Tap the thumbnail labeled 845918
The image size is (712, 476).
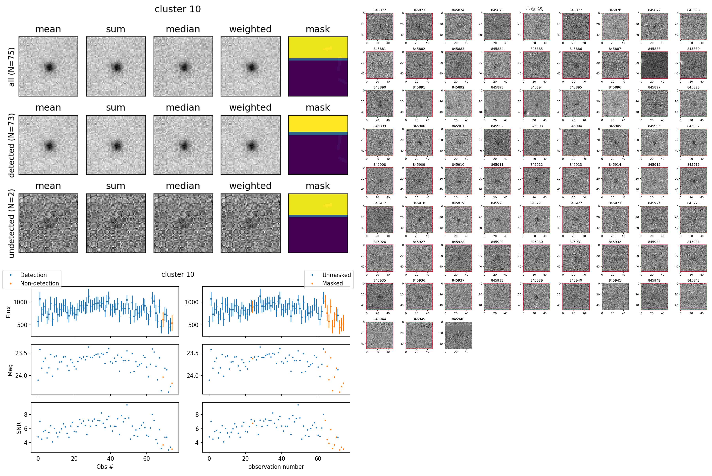[419, 219]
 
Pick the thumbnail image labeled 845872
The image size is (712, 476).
[380, 26]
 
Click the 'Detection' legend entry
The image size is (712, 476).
[33, 275]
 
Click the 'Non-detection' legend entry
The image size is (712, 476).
[39, 283]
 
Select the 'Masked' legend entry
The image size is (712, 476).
[332, 283]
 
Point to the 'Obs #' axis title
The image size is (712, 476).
[105, 466]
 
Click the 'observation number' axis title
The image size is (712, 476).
[276, 466]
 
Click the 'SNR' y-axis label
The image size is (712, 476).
[19, 428]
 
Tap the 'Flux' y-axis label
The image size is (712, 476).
[9, 312]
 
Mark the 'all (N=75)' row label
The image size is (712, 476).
[11, 67]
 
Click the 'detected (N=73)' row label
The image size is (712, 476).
[11, 145]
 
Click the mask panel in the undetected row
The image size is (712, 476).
[318, 223]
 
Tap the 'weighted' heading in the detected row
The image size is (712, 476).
[250, 108]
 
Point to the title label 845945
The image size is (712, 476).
[419, 319]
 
